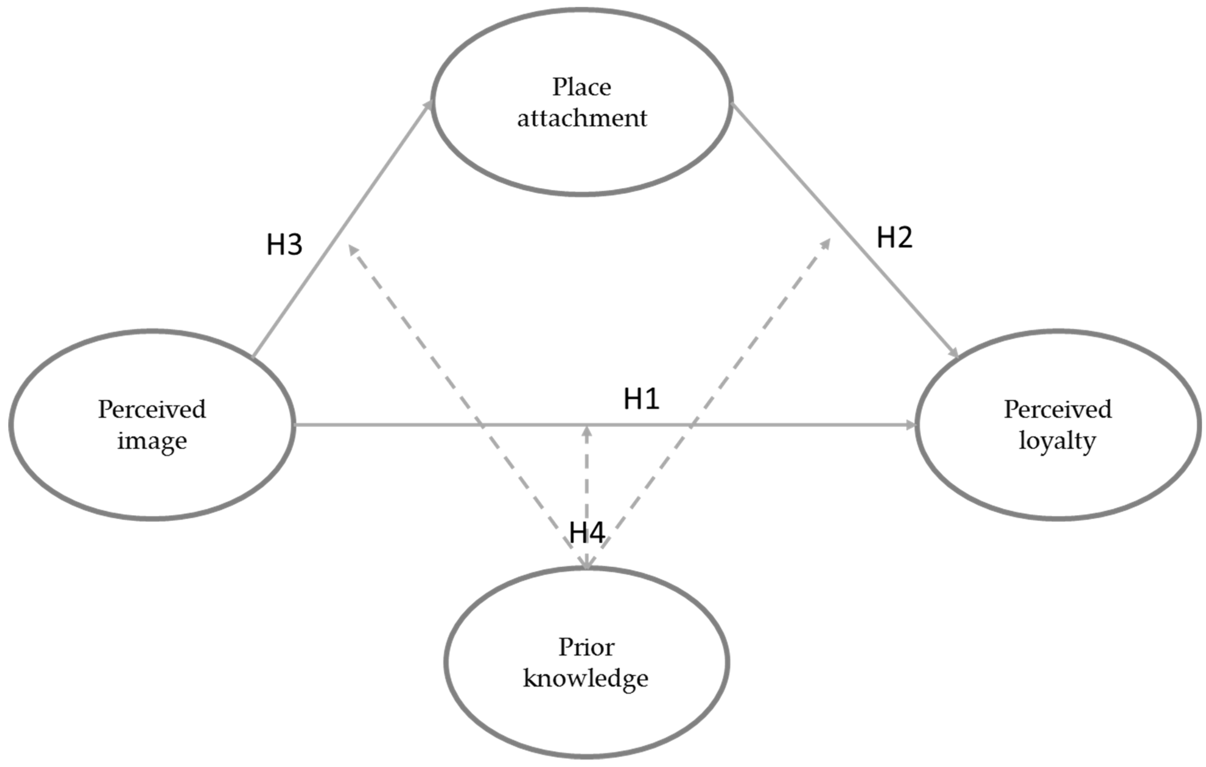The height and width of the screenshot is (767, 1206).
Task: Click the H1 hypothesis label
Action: tap(641, 399)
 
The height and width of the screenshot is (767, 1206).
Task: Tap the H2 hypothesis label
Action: tap(894, 238)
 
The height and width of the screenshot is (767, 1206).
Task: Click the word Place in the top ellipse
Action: tap(581, 87)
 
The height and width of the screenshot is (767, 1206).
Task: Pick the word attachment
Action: tap(582, 118)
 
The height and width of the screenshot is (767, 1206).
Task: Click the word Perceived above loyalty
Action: tap(1058, 409)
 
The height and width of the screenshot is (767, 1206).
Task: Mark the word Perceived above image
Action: tap(152, 409)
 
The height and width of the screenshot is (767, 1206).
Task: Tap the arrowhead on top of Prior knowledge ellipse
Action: tap(586, 565)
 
